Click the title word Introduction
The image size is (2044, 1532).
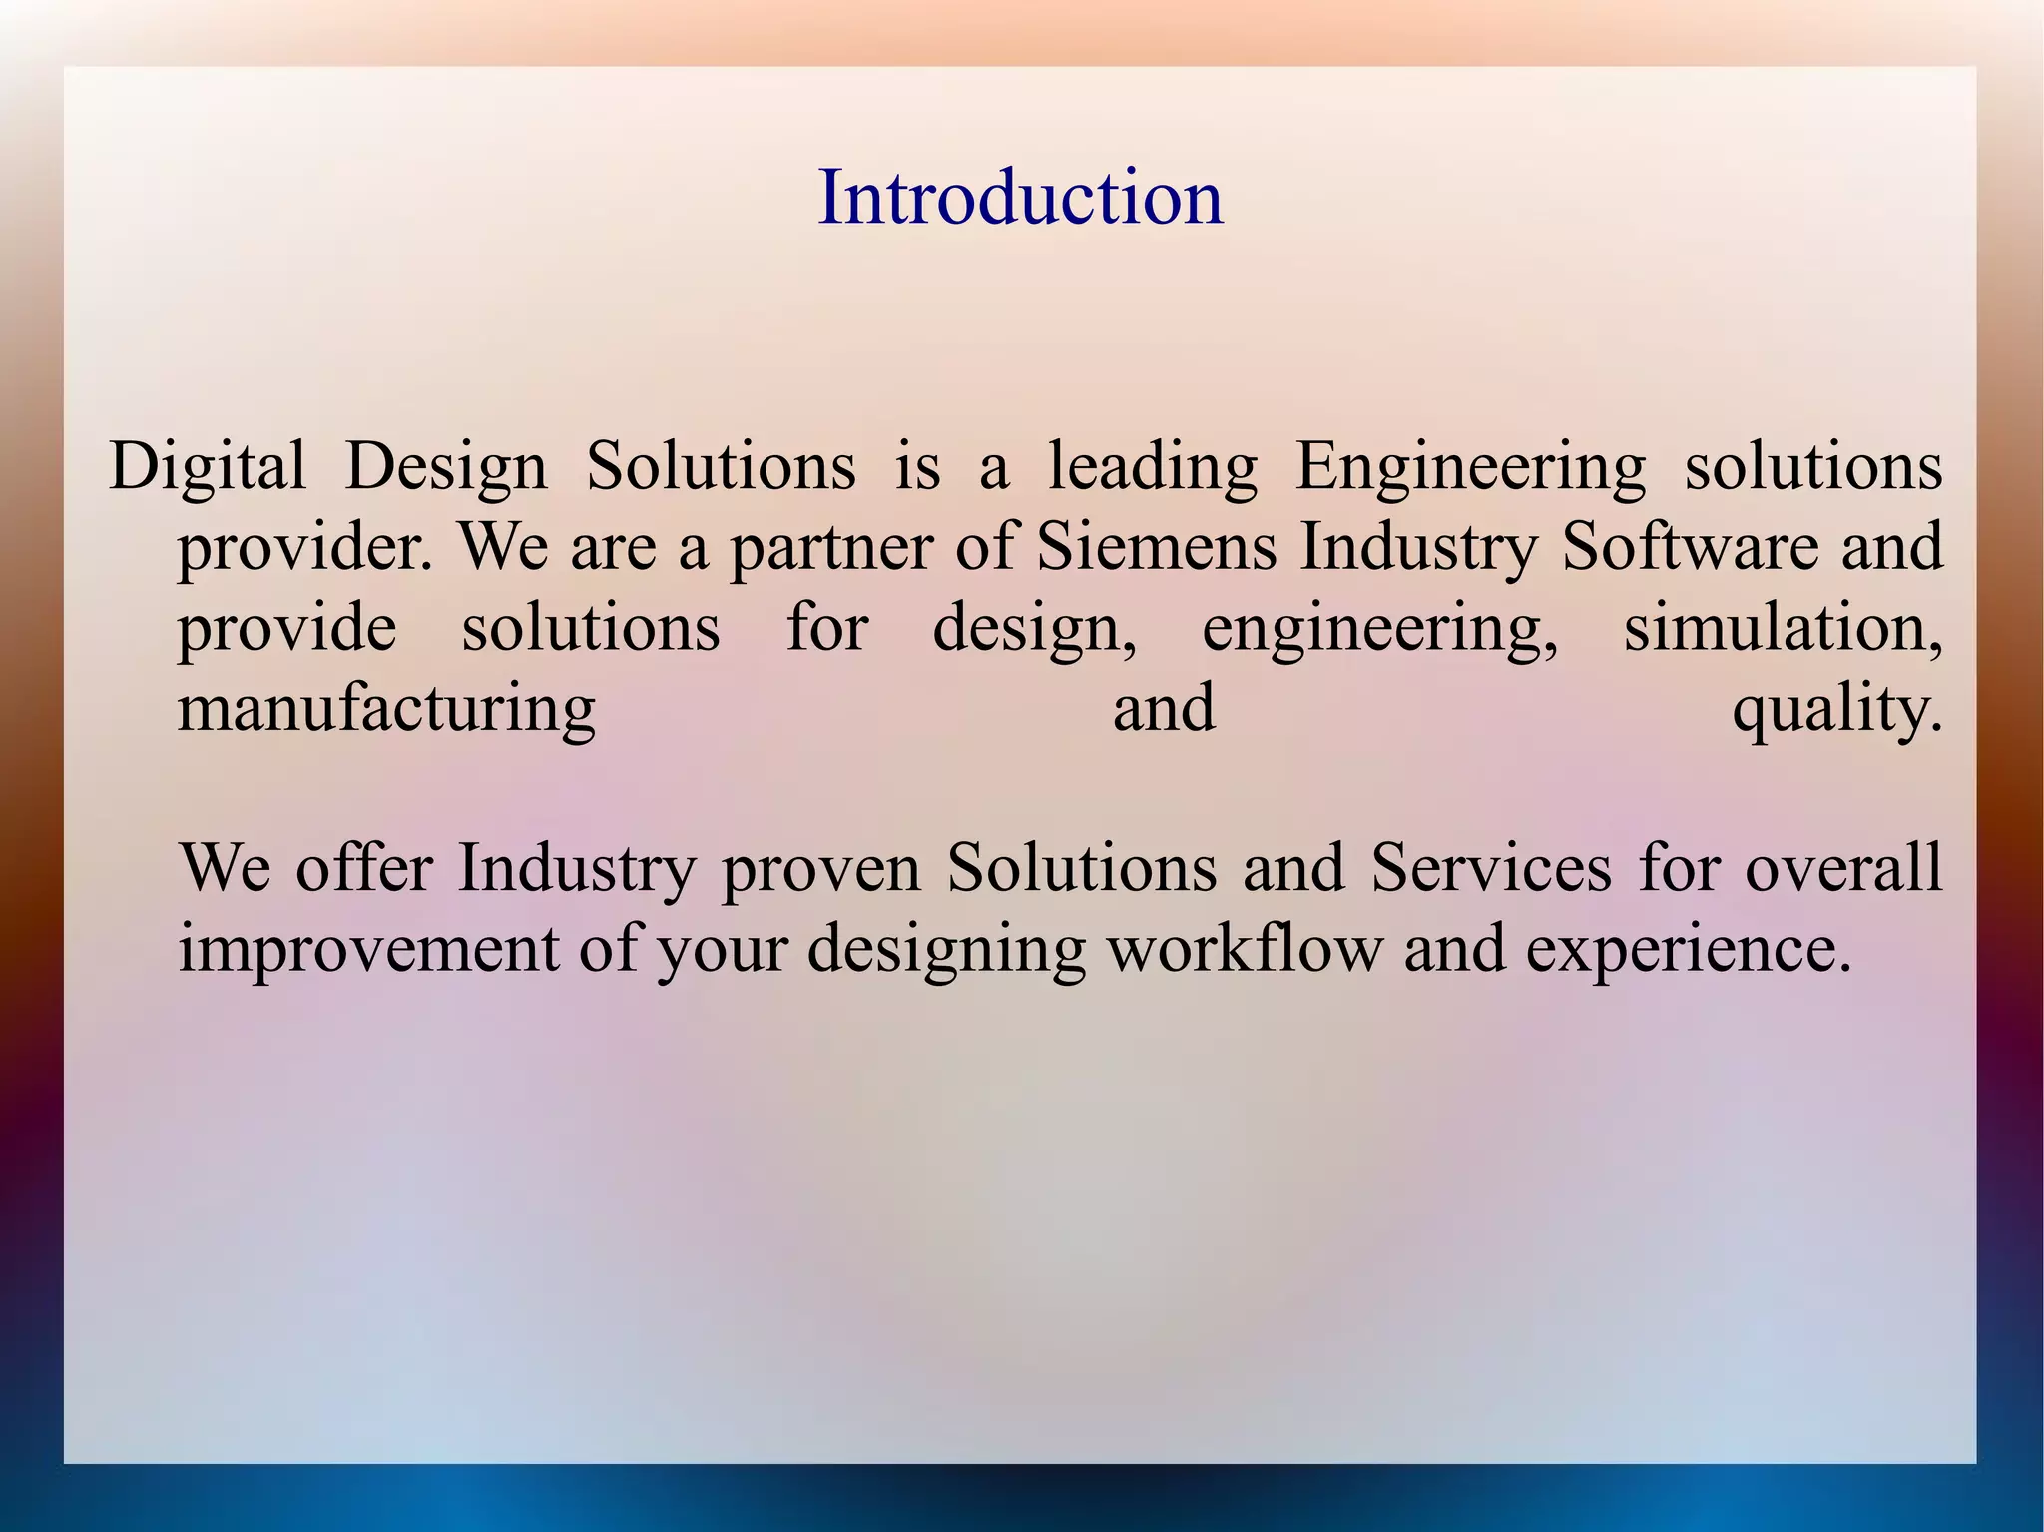click(1020, 197)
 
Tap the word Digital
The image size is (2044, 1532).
click(208, 467)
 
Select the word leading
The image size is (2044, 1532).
click(1153, 467)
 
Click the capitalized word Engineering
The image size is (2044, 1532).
click(1470, 467)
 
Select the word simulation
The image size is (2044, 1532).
click(1783, 629)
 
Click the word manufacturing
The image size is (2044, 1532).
click(386, 709)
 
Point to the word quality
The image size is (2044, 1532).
click(1836, 709)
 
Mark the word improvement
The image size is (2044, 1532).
click(367, 948)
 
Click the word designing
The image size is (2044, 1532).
click(946, 948)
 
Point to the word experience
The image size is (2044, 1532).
click(1681, 948)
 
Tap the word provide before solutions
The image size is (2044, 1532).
click(287, 629)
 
